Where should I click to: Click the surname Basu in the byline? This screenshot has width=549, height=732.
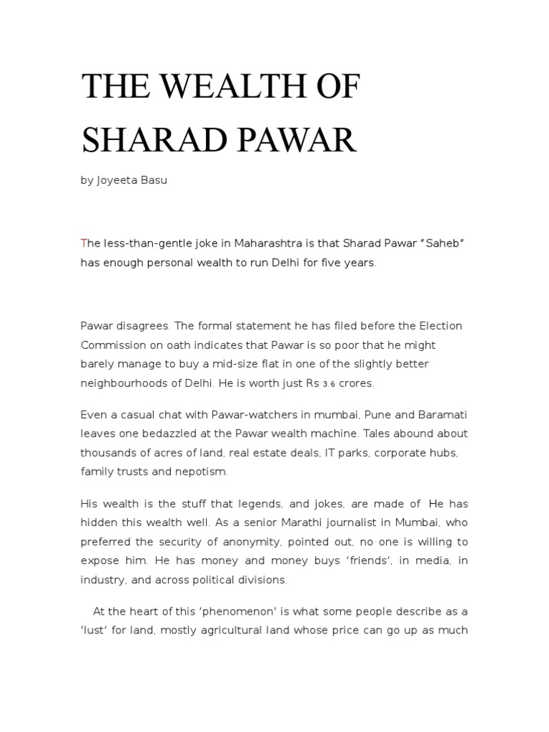pyautogui.click(x=154, y=181)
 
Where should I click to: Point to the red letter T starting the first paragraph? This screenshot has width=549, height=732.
pyautogui.click(x=84, y=243)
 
